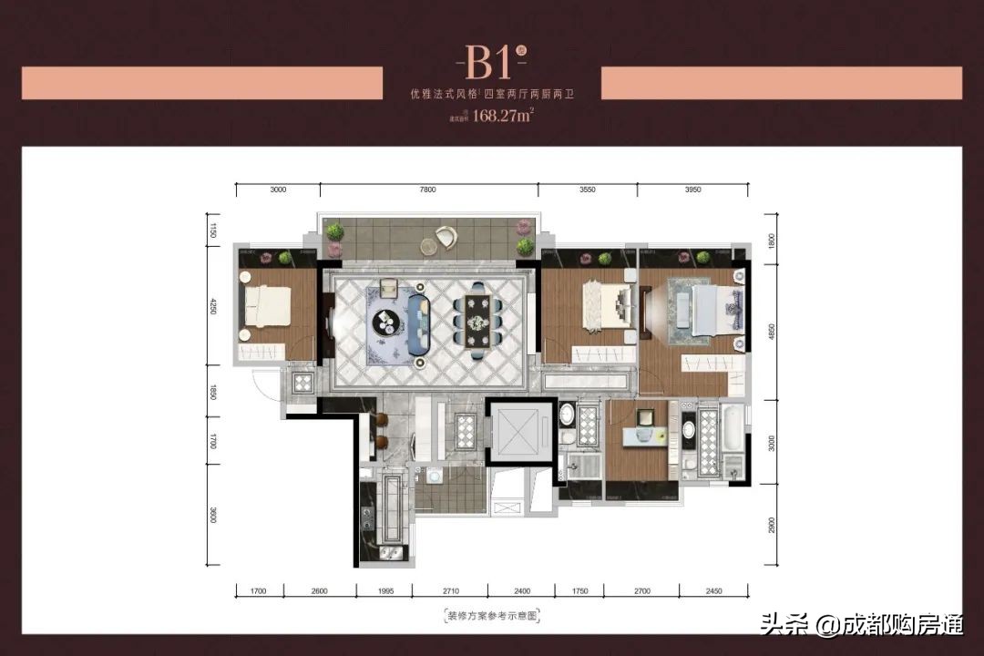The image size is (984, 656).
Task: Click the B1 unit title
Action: tap(489, 63)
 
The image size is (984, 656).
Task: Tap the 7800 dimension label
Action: tap(428, 190)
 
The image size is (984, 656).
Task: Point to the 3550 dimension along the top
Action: tap(587, 190)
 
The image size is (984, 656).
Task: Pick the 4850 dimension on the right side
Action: tap(770, 333)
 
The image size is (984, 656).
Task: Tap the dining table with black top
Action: tap(479, 319)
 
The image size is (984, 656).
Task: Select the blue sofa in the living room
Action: tap(420, 323)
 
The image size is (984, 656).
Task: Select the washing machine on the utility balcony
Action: tap(434, 475)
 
